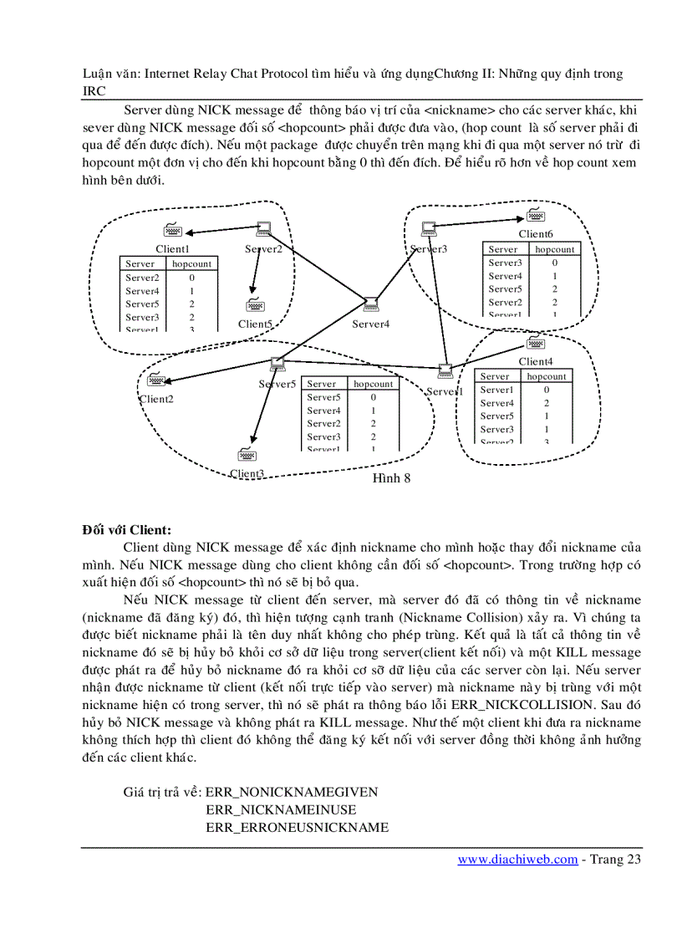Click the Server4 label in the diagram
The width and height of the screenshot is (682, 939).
tap(370, 324)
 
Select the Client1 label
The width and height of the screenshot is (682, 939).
tap(172, 248)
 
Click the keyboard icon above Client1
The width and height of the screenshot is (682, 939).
tap(172, 231)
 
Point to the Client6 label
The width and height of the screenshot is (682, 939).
tap(536, 234)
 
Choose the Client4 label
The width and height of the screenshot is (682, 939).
tap(536, 361)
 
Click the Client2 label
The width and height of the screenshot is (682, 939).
tap(156, 399)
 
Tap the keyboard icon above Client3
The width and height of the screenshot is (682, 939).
tap(247, 455)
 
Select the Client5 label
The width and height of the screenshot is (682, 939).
tap(255, 324)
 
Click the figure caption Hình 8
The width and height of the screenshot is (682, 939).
tap(391, 478)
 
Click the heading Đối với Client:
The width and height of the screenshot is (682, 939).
tap(126, 529)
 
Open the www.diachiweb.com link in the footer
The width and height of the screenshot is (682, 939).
tap(517, 859)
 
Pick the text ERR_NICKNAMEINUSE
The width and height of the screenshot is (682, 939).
tap(281, 809)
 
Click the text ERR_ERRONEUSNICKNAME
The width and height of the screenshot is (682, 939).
tap(297, 828)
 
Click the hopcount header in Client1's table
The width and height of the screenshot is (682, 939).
tap(191, 263)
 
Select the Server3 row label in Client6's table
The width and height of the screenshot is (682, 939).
tap(505, 263)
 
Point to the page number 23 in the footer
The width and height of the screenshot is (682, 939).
tap(633, 859)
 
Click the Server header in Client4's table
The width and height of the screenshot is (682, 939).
tap(495, 376)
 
